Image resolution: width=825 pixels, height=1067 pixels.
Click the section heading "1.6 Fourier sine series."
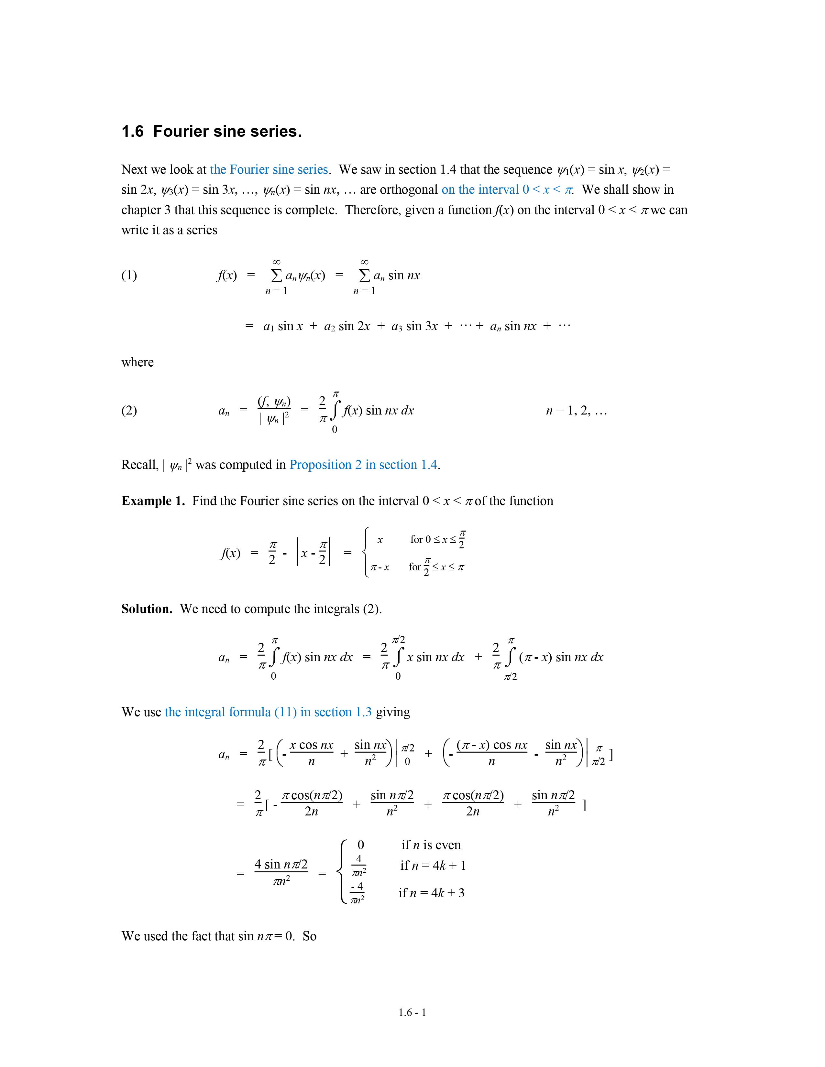click(211, 131)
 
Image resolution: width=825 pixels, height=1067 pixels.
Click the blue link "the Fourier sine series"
click(269, 169)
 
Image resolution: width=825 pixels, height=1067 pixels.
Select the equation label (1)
click(129, 275)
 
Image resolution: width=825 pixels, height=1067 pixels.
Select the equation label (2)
click(129, 410)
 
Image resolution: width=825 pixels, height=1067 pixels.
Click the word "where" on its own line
click(137, 362)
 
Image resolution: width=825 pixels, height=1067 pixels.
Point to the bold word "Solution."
click(147, 609)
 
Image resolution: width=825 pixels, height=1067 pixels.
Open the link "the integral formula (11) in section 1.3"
click(268, 712)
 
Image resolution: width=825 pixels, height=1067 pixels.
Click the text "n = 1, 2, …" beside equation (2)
click(576, 411)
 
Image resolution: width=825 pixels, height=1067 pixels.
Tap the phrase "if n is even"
click(431, 845)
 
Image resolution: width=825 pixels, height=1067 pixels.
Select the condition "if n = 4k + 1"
click(433, 865)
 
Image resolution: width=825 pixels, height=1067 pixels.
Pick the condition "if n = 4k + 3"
click(431, 893)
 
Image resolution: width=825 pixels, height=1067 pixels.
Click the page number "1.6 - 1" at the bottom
click(412, 1012)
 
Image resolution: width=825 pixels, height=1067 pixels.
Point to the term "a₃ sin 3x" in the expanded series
click(414, 326)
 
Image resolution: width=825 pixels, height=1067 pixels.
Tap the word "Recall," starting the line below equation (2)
click(140, 465)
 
